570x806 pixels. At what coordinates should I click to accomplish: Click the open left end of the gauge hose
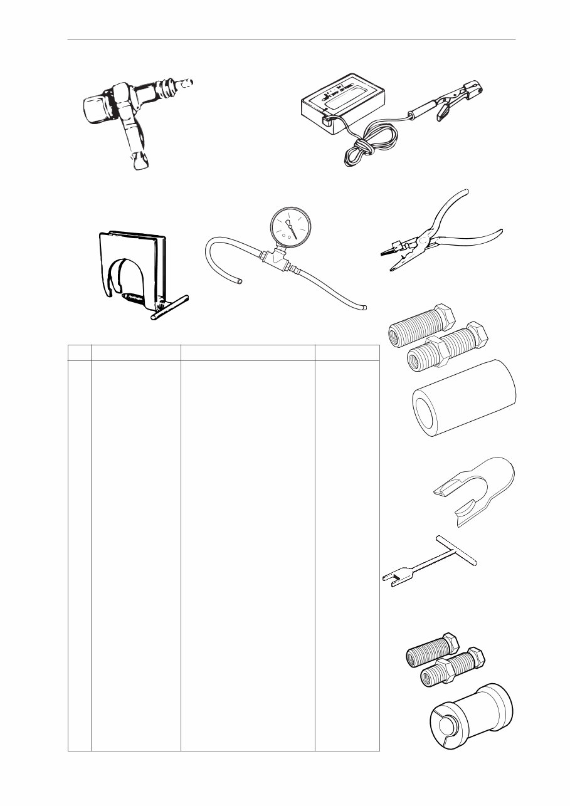pos(238,281)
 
